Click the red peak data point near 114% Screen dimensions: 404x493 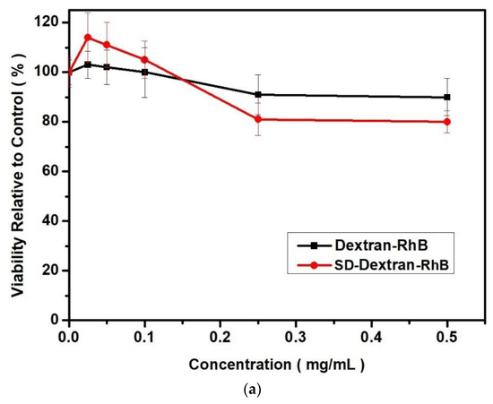[88, 38]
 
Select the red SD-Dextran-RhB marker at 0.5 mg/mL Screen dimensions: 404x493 [447, 122]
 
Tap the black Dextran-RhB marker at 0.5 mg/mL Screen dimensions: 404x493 [447, 98]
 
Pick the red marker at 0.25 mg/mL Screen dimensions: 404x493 [258, 119]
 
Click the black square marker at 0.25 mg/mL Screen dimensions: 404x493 [258, 94]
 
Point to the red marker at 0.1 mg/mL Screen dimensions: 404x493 [144, 60]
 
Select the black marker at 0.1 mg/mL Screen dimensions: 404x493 [144, 73]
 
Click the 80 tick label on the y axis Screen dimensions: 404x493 [53, 122]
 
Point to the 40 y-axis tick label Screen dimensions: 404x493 [53, 220]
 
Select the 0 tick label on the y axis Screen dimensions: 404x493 [56, 320]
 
